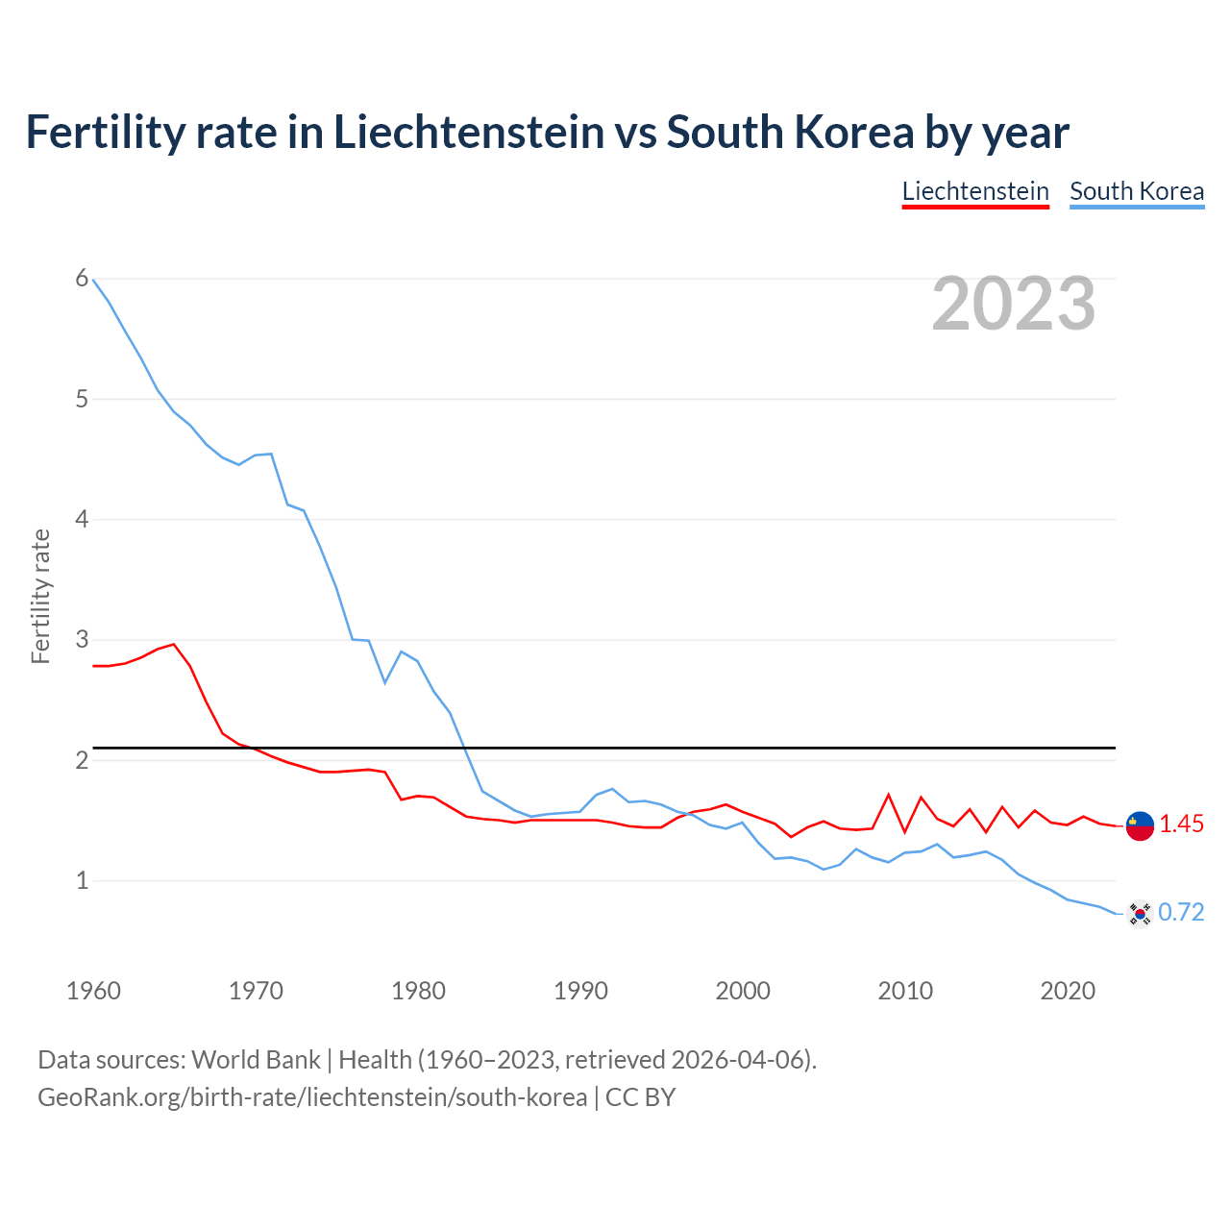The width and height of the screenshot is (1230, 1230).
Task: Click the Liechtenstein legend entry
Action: (x=975, y=191)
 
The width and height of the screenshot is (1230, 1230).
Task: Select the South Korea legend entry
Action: (x=1137, y=191)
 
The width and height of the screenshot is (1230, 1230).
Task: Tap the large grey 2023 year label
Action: (x=1014, y=304)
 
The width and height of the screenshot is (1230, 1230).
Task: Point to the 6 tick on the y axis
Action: (x=82, y=279)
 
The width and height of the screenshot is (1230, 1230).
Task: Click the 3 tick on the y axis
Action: (x=82, y=640)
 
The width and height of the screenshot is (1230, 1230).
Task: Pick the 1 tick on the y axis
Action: (x=82, y=880)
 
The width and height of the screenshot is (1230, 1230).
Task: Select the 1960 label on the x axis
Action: (x=93, y=991)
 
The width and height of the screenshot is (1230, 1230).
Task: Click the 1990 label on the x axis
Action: (x=580, y=991)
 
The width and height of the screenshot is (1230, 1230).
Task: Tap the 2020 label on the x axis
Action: (x=1068, y=991)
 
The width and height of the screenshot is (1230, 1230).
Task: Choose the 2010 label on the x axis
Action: (x=905, y=991)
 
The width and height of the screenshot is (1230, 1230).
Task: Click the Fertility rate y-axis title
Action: (x=40, y=596)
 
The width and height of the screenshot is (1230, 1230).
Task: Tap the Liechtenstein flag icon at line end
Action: (x=1140, y=824)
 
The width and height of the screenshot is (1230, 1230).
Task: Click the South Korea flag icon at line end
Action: (x=1140, y=913)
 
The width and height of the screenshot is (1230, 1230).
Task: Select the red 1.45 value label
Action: (x=1181, y=824)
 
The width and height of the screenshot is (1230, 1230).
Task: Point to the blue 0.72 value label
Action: (x=1181, y=913)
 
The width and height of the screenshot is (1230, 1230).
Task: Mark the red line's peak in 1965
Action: (x=174, y=645)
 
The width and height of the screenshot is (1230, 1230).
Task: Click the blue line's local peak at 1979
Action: (x=401, y=652)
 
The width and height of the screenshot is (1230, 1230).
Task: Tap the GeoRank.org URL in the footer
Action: (x=312, y=1097)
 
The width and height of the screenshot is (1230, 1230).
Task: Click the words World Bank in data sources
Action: (x=256, y=1060)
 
